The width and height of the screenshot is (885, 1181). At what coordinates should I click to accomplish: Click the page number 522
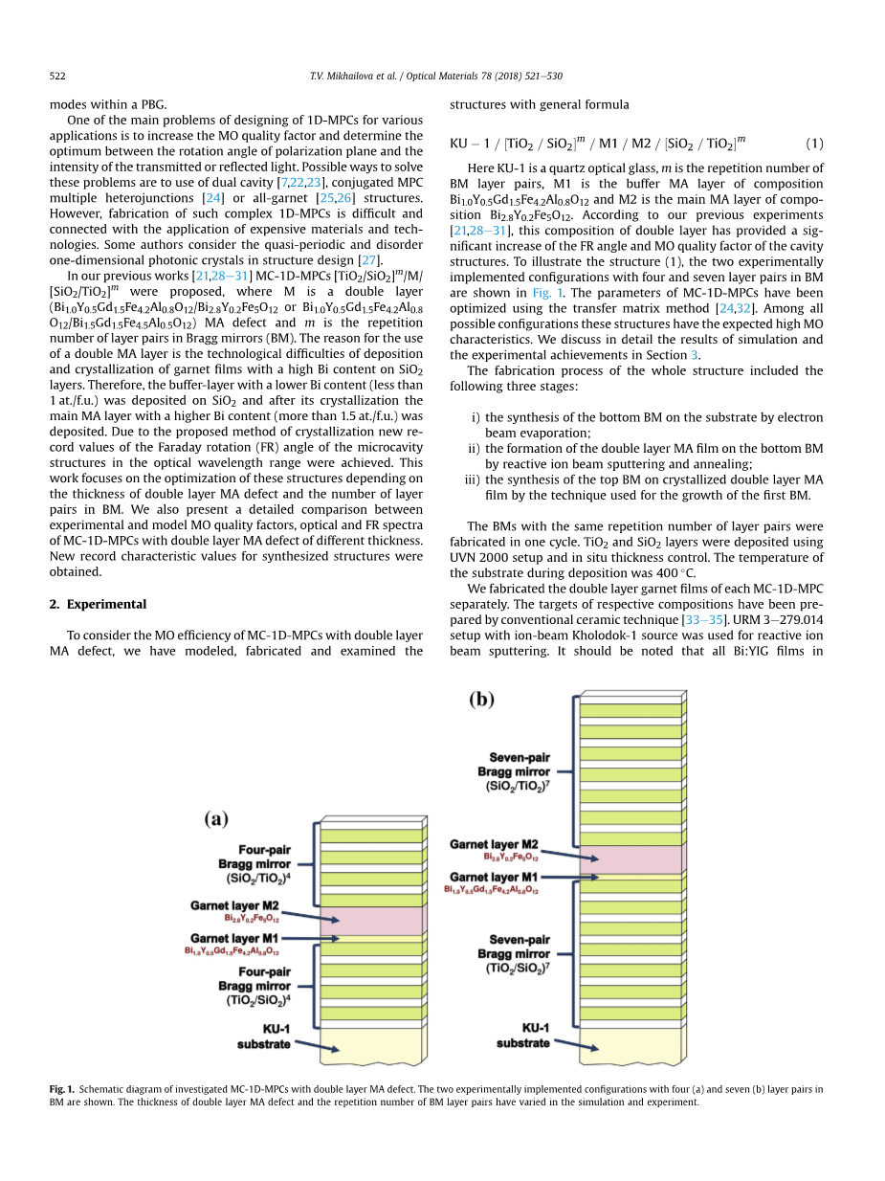(56, 75)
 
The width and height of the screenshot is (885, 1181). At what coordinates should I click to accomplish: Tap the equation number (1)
(813, 145)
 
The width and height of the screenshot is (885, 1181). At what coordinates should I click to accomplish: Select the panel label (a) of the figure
(216, 818)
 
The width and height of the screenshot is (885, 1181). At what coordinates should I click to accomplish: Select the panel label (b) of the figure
(481, 699)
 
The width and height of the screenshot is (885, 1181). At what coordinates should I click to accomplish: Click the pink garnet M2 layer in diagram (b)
(631, 858)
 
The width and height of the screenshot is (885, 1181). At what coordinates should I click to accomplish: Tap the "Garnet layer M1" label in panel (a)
(234, 938)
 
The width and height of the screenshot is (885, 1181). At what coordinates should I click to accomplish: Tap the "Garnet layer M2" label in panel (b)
(494, 844)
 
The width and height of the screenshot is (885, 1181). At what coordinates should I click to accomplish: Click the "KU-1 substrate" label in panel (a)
(263, 1036)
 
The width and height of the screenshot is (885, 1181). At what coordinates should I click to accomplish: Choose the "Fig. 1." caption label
(62, 1089)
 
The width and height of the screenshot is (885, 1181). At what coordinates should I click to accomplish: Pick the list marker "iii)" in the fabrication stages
(471, 479)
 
